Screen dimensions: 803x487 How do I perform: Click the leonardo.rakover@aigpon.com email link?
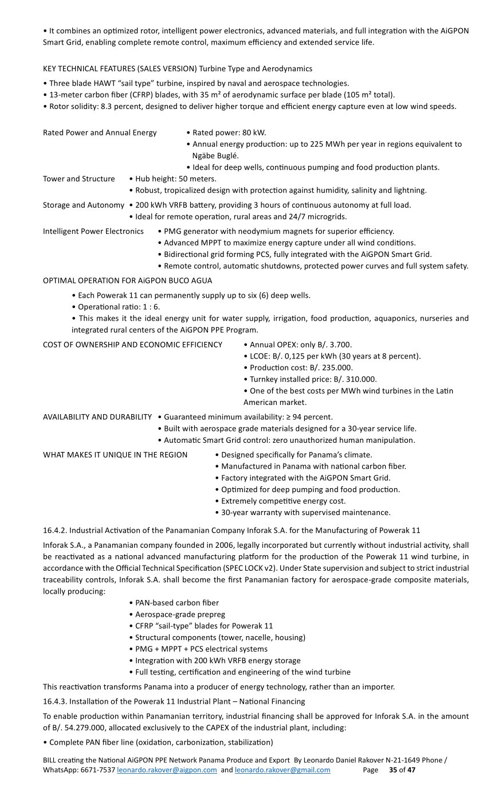[167, 770]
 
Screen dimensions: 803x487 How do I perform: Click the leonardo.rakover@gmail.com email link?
[282, 770]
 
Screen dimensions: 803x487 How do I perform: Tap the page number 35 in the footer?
[393, 770]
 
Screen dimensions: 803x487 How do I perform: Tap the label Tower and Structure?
[79, 179]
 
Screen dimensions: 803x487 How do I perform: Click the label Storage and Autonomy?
[84, 205]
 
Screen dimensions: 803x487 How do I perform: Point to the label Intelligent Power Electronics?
[93, 231]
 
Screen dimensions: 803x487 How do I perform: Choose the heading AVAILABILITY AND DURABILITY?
[97, 417]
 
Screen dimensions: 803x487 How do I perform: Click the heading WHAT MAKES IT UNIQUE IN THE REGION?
[115, 455]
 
